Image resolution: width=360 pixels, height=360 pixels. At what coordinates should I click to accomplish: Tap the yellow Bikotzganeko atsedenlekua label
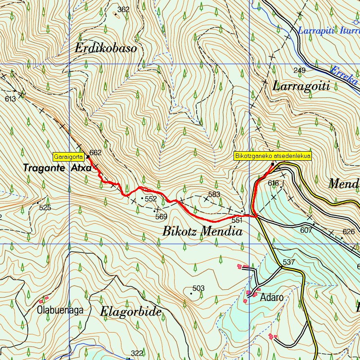coord(273,156)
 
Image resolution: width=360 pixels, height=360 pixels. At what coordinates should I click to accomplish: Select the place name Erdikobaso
coord(106,49)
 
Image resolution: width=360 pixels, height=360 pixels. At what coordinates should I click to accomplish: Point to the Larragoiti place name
coord(301,86)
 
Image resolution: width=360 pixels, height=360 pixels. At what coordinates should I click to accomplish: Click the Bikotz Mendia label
coord(202,232)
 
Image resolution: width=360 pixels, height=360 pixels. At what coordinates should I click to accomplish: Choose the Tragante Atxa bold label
coord(58,168)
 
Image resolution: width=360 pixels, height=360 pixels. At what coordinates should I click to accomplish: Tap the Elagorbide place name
coord(130,311)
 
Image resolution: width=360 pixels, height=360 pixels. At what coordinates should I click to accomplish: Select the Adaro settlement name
coord(272,297)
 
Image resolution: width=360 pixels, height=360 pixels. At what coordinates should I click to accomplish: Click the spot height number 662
coord(95,153)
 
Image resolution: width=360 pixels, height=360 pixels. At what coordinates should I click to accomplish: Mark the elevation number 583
coord(214,194)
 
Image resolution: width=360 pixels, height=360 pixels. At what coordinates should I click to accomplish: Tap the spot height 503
coord(198,288)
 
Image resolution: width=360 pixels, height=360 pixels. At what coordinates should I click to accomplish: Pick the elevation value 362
coord(123,9)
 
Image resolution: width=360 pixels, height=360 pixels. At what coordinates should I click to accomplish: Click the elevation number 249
coord(299,70)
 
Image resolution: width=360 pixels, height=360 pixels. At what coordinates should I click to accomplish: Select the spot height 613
coord(10,99)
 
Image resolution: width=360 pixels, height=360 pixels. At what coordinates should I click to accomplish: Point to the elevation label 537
coord(288,262)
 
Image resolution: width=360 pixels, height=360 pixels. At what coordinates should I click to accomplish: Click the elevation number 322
coord(137,353)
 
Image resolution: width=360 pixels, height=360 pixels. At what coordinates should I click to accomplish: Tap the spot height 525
coord(45,207)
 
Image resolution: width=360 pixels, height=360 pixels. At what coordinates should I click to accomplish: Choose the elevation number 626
coord(349,232)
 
